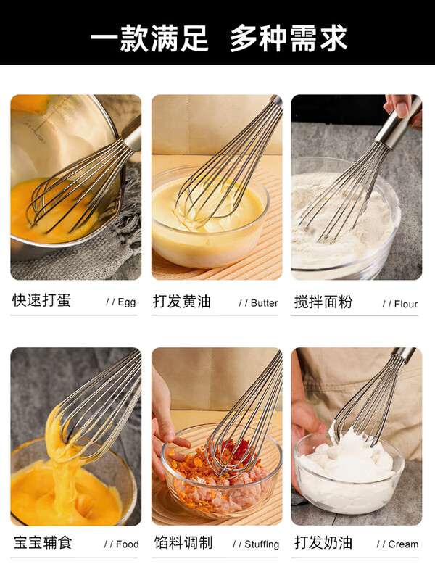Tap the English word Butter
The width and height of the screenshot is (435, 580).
[264, 303]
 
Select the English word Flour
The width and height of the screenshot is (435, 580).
[405, 304]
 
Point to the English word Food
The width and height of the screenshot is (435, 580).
[127, 544]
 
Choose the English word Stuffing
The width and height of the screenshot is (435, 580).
[261, 544]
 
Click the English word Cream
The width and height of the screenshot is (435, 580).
[403, 544]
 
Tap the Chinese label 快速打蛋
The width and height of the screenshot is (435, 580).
[42, 301]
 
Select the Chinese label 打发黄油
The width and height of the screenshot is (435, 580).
[182, 302]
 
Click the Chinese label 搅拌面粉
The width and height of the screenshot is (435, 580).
[323, 302]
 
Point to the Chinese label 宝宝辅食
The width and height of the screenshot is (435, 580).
[43, 542]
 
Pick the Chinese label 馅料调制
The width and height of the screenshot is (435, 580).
[183, 542]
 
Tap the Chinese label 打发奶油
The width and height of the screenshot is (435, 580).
[323, 542]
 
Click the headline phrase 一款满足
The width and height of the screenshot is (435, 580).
[149, 38]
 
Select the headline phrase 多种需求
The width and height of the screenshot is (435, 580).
[289, 38]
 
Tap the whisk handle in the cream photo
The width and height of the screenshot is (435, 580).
[404, 355]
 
